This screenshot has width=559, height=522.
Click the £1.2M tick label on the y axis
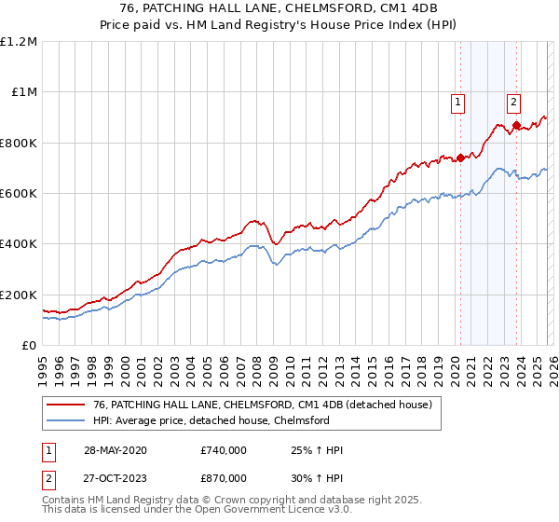[19, 42]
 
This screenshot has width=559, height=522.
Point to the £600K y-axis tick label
[19, 194]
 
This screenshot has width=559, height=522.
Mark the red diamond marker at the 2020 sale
[459, 158]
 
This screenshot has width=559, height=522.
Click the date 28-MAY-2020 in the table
[114, 450]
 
